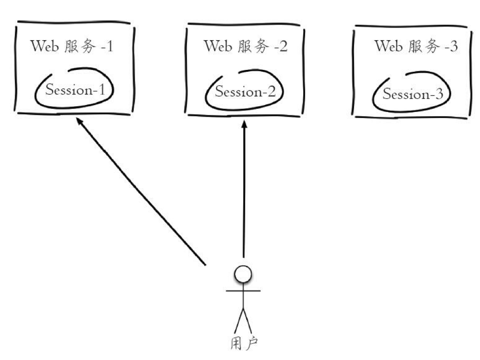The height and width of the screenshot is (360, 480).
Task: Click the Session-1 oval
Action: (75, 90)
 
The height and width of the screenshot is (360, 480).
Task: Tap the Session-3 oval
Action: (413, 94)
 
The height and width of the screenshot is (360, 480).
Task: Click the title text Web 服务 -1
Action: (72, 47)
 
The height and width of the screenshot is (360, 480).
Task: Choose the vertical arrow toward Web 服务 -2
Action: (243, 191)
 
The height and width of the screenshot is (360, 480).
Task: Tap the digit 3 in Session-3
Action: (439, 95)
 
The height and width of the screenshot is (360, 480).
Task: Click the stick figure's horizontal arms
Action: (243, 291)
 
